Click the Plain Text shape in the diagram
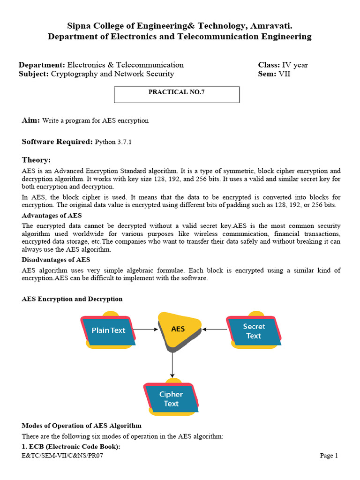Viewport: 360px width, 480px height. coord(109,330)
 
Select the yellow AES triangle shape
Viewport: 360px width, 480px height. coord(178,330)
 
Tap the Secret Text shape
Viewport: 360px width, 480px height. coord(254,331)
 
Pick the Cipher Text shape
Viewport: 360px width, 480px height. coord(171,398)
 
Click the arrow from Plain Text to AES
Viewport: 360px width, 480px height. coord(146,330)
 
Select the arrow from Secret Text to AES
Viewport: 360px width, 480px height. coord(216,330)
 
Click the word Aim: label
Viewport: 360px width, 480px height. coord(31,120)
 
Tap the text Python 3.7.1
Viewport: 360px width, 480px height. coord(113,142)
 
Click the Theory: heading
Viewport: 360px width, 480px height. coord(36,160)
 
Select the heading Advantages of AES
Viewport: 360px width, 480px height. coord(52,216)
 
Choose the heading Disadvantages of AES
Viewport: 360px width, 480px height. coord(56,260)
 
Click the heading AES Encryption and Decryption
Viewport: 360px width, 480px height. coord(72,299)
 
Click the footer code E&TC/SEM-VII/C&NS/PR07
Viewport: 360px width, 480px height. coord(62,456)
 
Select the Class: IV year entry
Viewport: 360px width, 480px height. coord(283,65)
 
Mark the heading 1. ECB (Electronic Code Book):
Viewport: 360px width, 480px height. coord(71,447)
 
